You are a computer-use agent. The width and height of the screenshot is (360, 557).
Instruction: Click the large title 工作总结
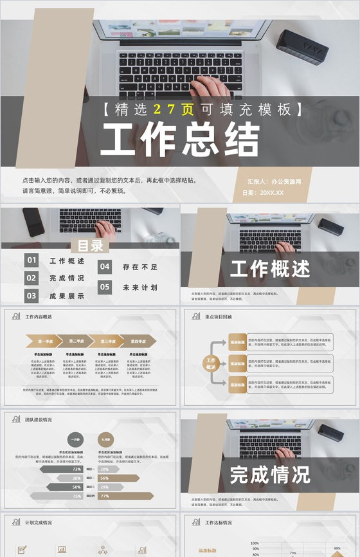(x=180, y=140)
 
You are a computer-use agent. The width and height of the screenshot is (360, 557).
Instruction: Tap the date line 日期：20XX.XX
(x=263, y=192)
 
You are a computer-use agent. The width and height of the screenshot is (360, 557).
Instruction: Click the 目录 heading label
(x=90, y=246)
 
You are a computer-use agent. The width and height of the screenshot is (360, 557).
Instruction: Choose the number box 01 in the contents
(x=32, y=260)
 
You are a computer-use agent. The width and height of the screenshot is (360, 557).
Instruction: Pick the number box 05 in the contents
(x=105, y=287)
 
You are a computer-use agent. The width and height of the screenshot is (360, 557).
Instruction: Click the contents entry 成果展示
(x=67, y=296)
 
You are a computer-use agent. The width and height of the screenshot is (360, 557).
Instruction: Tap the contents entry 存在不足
(x=140, y=266)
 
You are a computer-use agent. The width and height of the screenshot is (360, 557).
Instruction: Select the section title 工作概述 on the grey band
(x=270, y=269)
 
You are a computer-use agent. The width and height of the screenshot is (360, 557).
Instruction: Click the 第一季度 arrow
(x=48, y=341)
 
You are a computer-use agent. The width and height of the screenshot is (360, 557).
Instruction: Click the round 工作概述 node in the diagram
(x=211, y=363)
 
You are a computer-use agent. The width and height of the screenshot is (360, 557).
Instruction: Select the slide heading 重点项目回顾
(x=219, y=316)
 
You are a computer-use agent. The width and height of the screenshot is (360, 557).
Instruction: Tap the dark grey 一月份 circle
(x=75, y=439)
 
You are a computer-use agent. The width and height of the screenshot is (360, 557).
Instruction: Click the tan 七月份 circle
(x=104, y=439)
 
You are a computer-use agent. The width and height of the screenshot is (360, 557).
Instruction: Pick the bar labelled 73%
(x=64, y=469)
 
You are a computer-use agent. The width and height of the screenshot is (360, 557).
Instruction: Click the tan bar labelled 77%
(x=125, y=496)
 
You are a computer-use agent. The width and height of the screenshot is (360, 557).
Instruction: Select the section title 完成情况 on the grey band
(x=270, y=475)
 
